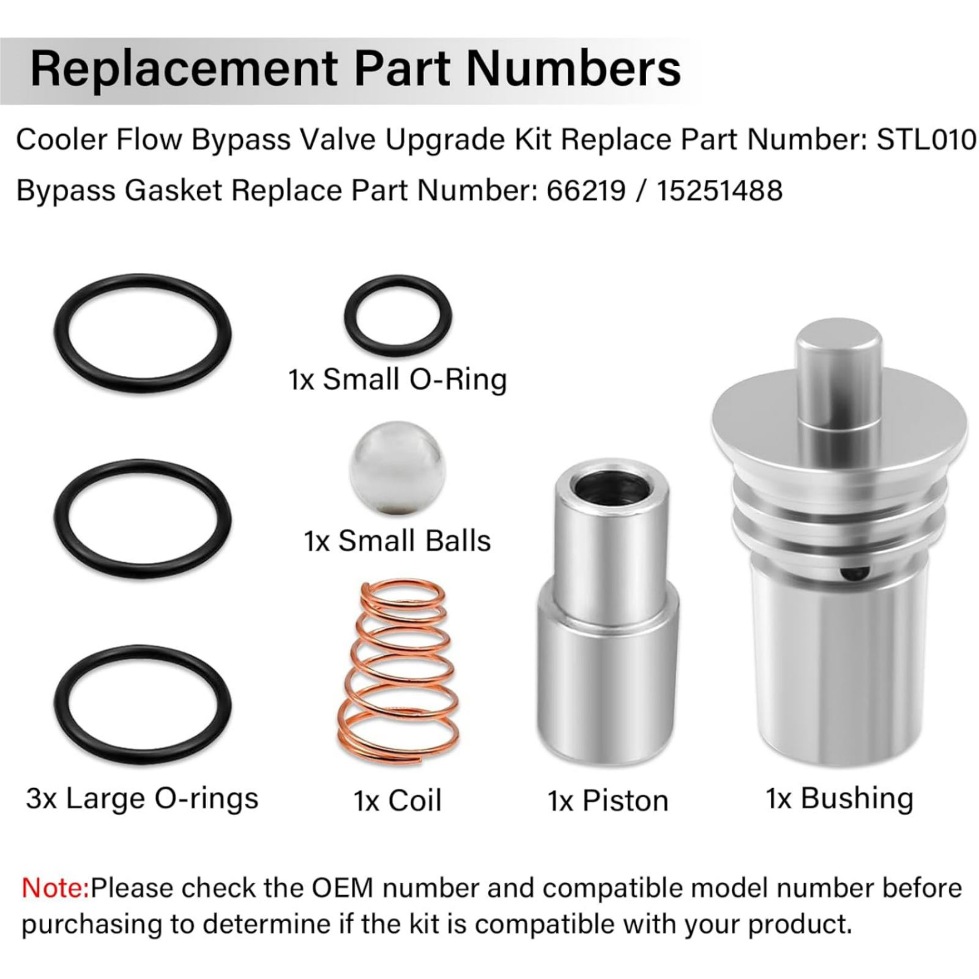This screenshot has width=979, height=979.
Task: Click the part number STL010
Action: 926,140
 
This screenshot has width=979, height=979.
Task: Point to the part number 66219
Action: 586,190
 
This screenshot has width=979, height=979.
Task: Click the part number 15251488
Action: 720,190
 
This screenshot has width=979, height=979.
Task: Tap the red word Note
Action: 56,888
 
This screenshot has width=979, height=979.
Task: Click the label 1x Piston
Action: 608,801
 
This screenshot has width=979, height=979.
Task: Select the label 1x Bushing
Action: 839,798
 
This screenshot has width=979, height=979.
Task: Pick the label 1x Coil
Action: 397,801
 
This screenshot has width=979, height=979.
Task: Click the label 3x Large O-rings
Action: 142,799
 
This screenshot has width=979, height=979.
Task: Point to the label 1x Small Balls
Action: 397,541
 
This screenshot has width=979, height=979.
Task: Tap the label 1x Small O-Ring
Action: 398,379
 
